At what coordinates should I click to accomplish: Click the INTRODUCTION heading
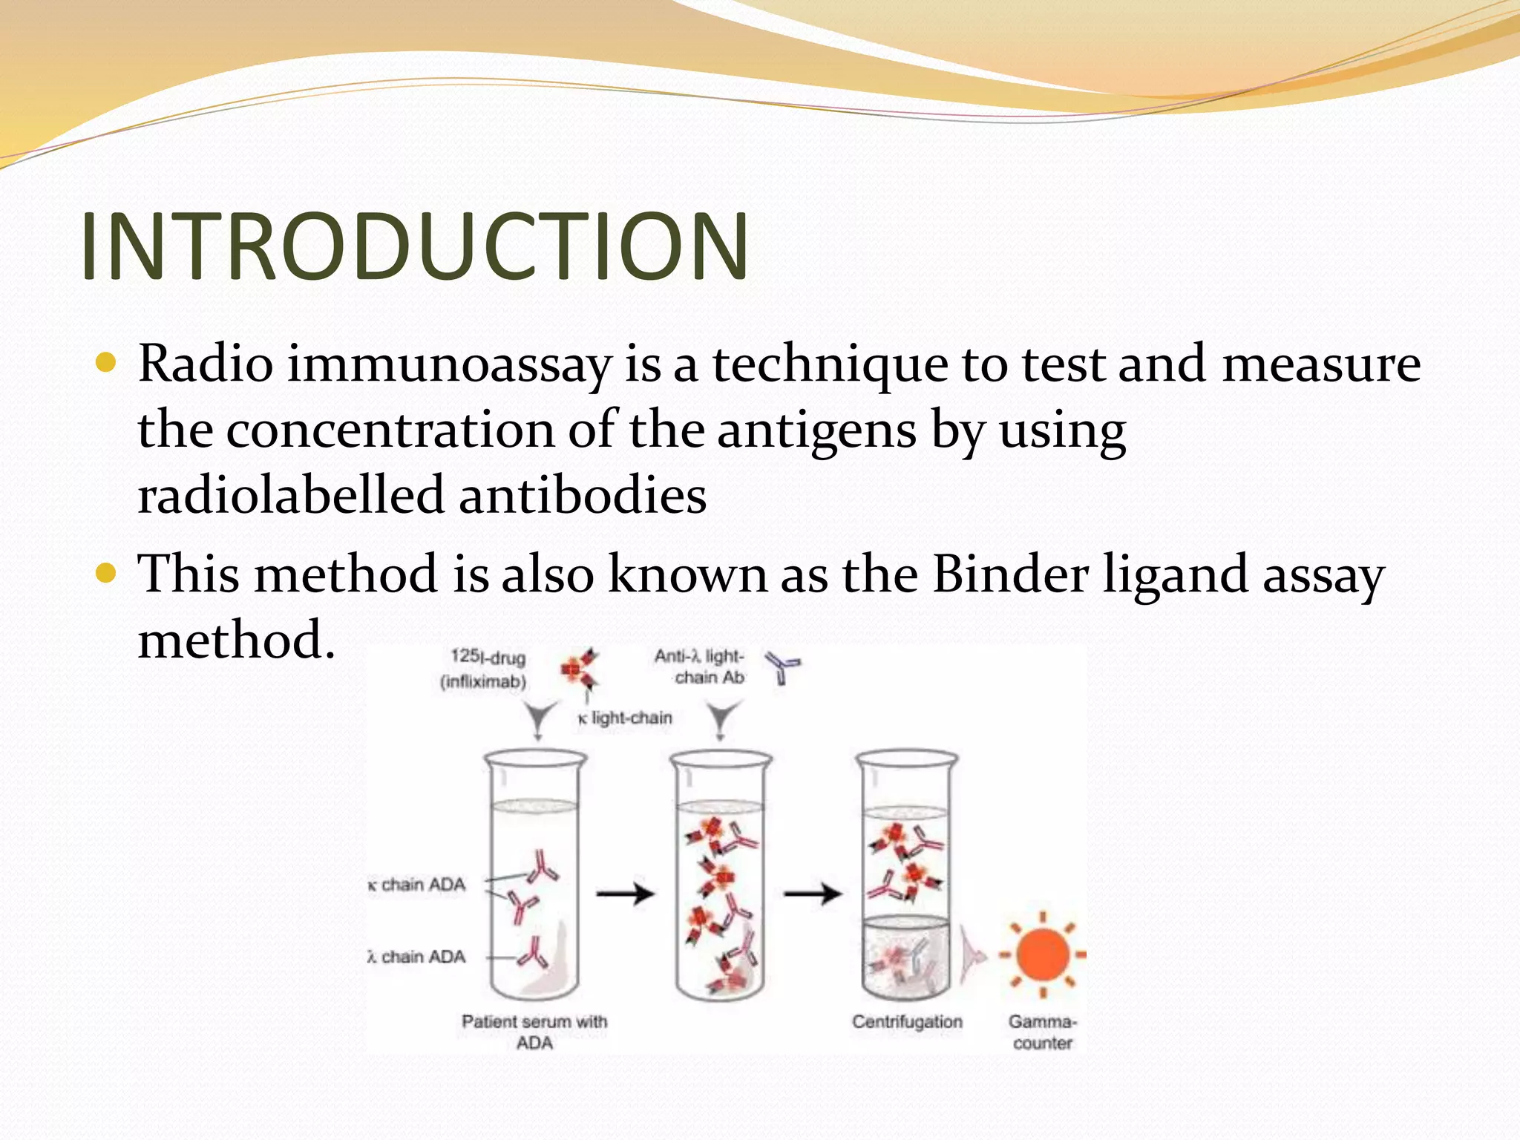[414, 246]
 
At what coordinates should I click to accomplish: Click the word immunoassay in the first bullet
[449, 365]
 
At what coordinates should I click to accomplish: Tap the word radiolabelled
[291, 496]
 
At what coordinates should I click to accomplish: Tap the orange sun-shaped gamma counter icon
[1042, 954]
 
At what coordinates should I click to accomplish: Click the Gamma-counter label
[1042, 1032]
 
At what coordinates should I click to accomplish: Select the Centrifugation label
[907, 1022]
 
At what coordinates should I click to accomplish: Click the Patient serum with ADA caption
[534, 1032]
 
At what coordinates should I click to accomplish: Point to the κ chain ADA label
[417, 885]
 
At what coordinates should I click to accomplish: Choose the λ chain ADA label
[417, 957]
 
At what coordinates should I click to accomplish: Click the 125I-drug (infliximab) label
[485, 669]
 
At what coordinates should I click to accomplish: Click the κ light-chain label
[625, 718]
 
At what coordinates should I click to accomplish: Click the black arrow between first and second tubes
[625, 894]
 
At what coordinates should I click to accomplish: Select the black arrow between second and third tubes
[813, 894]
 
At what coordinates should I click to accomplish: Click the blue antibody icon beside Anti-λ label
[782, 666]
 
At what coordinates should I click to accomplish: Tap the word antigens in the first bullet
[816, 431]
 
